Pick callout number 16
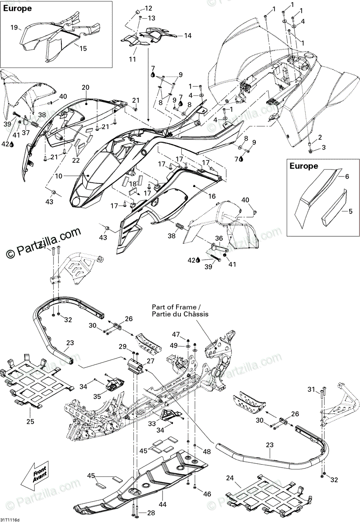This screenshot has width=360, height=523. coord(212,196)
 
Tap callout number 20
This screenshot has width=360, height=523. coord(85,88)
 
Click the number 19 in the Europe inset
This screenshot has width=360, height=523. coord(14,27)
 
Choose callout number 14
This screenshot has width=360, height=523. coord(188,36)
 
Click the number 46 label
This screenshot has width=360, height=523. coord(207,494)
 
